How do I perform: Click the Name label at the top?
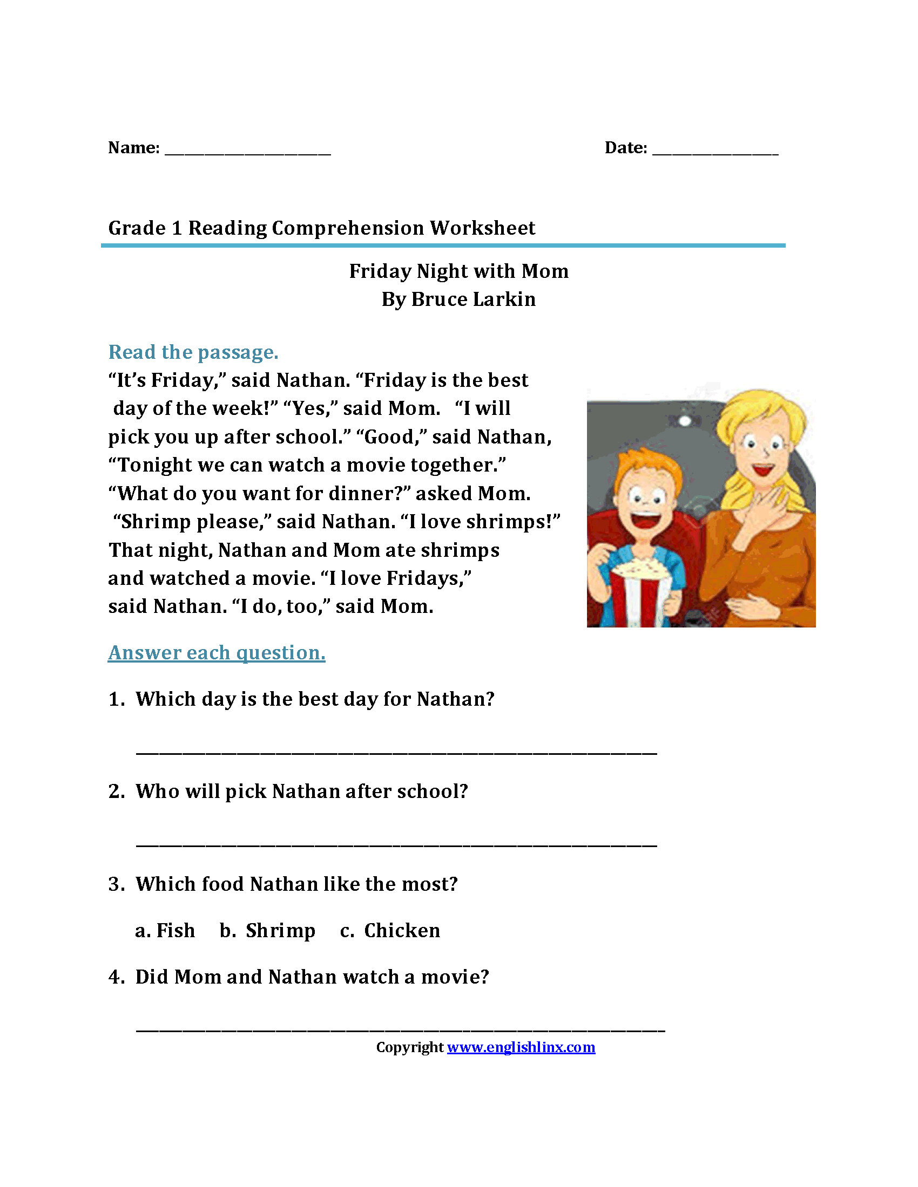(x=133, y=148)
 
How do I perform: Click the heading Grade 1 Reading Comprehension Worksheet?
(x=321, y=228)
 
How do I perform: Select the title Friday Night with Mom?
(x=458, y=271)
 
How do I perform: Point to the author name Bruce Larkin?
(x=473, y=299)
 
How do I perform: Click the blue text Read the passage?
(x=193, y=352)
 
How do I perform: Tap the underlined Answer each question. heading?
(x=217, y=653)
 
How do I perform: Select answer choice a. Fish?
(x=165, y=931)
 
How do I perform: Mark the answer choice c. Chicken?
(x=390, y=931)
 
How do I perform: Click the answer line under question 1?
(x=396, y=751)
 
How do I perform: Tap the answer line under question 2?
(x=396, y=843)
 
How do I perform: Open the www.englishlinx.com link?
(x=521, y=1047)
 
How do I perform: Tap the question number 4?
(x=116, y=977)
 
